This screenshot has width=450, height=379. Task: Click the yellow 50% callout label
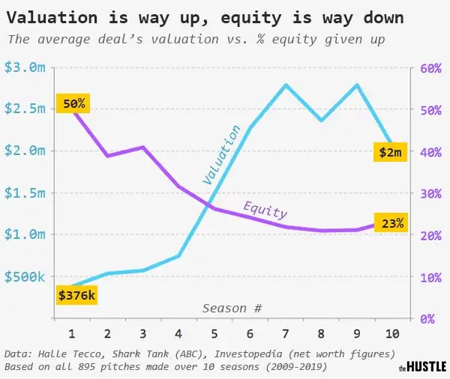(x=73, y=103)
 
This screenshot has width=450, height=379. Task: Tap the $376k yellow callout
(x=76, y=294)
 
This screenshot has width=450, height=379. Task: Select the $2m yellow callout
(x=390, y=151)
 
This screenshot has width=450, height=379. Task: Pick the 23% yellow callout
(x=391, y=222)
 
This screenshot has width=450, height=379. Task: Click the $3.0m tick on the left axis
(x=25, y=67)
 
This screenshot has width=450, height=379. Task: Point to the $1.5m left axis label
(x=25, y=193)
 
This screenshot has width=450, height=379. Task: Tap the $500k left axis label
(x=25, y=276)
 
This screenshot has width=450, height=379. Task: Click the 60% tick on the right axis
(x=430, y=68)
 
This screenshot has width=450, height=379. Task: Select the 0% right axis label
(x=427, y=319)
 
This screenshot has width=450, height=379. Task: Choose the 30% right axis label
(x=430, y=194)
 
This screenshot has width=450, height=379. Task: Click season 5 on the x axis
(x=214, y=334)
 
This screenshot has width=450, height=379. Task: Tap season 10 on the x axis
(x=392, y=334)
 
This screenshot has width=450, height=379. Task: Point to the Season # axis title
(x=232, y=309)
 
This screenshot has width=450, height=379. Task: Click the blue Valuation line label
(x=221, y=155)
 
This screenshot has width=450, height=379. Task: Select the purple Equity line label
(x=265, y=210)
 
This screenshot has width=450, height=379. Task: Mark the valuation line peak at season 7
(x=286, y=85)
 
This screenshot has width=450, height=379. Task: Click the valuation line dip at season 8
(x=321, y=120)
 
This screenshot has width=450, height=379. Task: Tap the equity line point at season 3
(x=142, y=148)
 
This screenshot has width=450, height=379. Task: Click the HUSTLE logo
(x=422, y=367)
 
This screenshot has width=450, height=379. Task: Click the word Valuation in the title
(x=52, y=18)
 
